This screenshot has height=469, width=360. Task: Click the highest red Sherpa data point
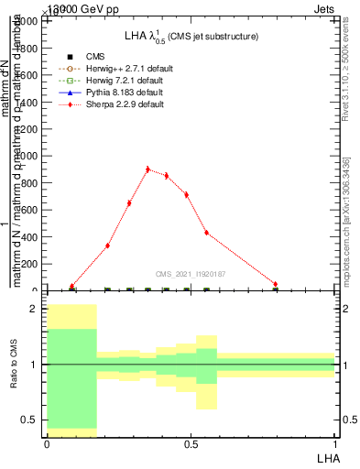(x=147, y=169)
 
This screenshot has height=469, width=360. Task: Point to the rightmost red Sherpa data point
(x=275, y=285)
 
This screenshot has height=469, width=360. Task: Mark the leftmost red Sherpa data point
(x=71, y=286)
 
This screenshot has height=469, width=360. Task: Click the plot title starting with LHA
(x=191, y=37)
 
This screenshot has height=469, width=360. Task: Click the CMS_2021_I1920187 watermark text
(x=191, y=274)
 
